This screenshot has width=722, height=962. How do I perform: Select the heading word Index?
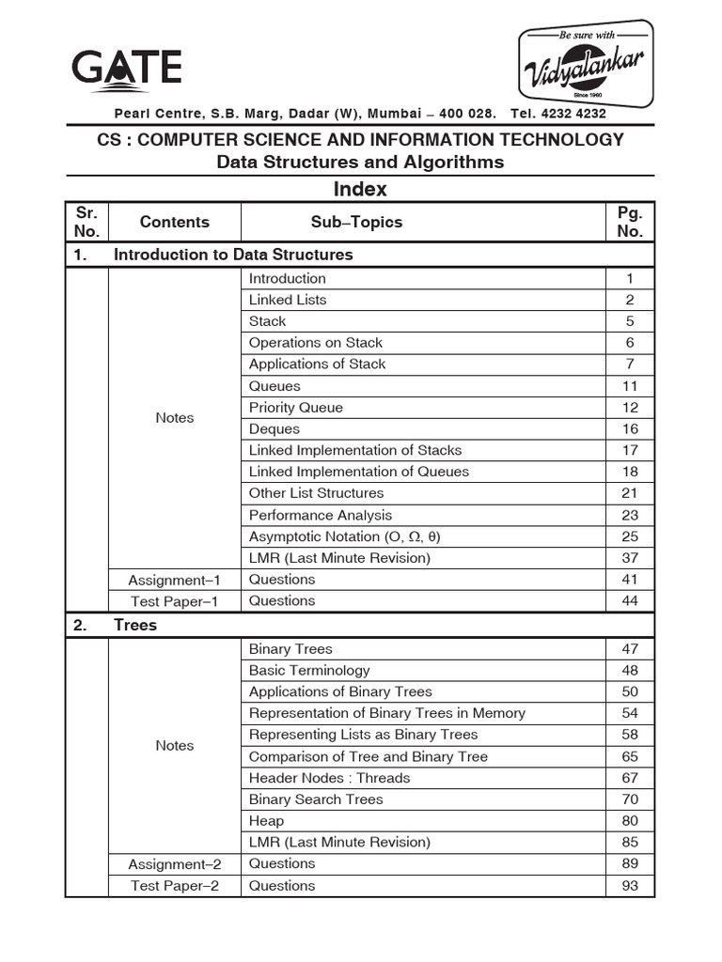tap(360, 189)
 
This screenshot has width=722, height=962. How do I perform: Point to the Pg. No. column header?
tap(630, 223)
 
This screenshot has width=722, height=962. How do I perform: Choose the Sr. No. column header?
tap(86, 223)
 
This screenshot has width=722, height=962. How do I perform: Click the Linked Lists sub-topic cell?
tap(288, 300)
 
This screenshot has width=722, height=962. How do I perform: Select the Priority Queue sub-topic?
tap(296, 408)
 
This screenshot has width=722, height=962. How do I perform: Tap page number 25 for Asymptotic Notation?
tap(630, 536)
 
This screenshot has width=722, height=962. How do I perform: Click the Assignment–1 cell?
tap(175, 580)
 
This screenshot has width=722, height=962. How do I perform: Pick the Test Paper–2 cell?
tap(175, 886)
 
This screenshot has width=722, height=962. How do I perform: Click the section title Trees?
tap(135, 625)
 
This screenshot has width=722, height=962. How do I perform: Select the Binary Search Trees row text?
tap(316, 799)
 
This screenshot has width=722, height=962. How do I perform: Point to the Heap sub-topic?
tap(266, 821)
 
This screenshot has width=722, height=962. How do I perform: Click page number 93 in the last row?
tap(630, 886)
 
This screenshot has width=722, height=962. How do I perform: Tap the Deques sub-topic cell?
tap(275, 429)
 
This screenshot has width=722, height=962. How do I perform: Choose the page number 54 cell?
tap(630, 713)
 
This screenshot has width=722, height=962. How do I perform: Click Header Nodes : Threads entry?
tap(329, 778)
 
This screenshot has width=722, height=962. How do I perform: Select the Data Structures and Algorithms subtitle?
tap(360, 163)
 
